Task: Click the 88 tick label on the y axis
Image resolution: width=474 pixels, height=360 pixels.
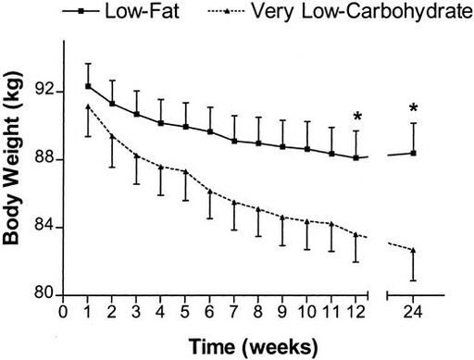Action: [x=42, y=160]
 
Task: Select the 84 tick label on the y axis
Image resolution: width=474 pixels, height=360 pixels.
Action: [x=42, y=229]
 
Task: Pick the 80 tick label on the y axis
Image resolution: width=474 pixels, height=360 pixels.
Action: [x=42, y=296]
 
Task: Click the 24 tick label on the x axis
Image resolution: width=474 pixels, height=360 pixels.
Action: [x=413, y=312]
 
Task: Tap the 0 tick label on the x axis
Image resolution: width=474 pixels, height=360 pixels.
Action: [x=62, y=312]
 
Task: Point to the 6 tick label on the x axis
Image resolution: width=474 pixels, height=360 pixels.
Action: [x=210, y=312]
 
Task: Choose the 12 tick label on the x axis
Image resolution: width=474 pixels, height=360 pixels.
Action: [x=356, y=312]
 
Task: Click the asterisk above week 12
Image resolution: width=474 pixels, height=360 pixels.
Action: [x=356, y=117]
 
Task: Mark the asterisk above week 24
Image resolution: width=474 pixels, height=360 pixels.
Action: [x=414, y=108]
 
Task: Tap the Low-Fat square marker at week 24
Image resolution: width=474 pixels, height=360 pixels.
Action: [x=414, y=153]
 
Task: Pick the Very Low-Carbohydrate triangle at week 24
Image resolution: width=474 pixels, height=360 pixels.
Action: [x=414, y=250]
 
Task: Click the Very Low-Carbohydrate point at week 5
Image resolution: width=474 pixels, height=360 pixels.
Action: [x=185, y=172]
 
